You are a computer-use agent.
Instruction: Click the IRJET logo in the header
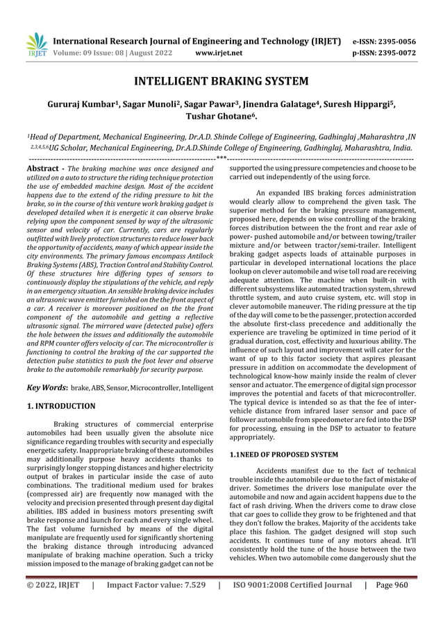pyautogui.click(x=35, y=44)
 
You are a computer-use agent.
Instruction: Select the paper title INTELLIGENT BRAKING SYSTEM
pyautogui.click(x=221, y=82)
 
